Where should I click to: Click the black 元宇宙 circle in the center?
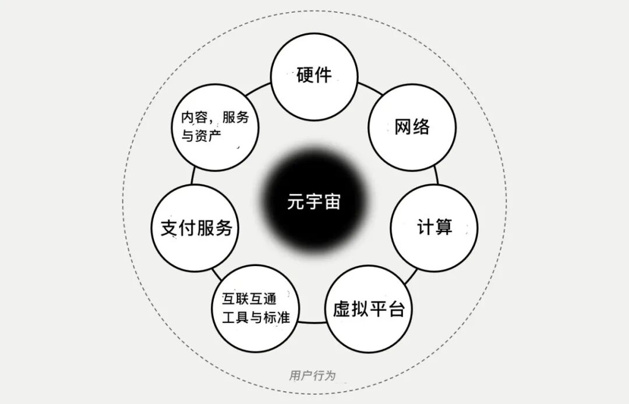pos(314,203)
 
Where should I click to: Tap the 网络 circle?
pos(412,127)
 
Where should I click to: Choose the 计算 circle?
pos(434,228)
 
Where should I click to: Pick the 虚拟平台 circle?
pos(368,309)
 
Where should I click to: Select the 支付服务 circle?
pos(196,228)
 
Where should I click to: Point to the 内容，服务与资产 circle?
pos(215,127)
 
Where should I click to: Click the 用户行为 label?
pos(313,375)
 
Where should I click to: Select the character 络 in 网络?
pos(420,127)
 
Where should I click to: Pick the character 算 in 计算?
pos(443,228)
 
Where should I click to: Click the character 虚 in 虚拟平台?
pos(342,309)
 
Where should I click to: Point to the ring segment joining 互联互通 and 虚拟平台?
pos(312,321)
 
